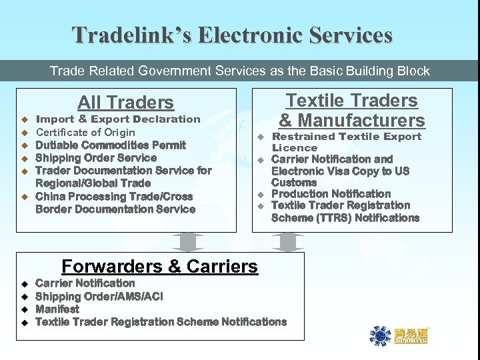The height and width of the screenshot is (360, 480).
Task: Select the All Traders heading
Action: (125, 103)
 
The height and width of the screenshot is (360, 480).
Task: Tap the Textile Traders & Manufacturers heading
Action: (351, 110)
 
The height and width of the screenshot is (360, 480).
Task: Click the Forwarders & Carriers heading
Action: (159, 267)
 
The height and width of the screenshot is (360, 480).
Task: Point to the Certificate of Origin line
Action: (85, 132)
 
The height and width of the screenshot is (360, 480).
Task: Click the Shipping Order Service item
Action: (96, 158)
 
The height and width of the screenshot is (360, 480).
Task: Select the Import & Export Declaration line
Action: (117, 119)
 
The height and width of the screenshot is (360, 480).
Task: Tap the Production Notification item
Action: (331, 193)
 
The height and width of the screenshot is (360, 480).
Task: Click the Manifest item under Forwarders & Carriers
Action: (57, 309)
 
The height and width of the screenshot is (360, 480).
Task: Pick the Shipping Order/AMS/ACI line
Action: (99, 296)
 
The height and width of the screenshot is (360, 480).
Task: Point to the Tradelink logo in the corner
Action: (399, 335)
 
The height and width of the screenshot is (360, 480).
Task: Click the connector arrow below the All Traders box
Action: (192, 241)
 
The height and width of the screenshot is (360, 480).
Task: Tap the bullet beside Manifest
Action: (23, 310)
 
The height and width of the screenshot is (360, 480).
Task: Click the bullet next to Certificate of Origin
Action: (23, 133)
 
